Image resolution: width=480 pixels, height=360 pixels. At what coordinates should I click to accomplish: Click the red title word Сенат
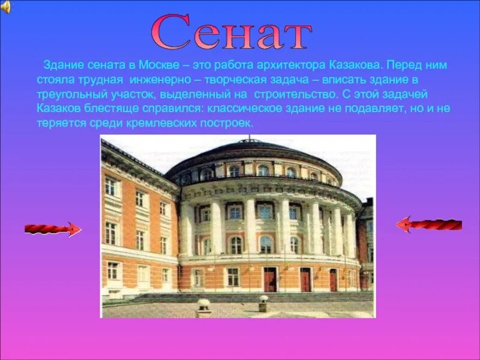pos(231,33)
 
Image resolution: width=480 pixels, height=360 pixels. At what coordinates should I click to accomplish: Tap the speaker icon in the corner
pos(5,7)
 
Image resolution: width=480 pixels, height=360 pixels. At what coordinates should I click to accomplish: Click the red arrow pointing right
pos(53,229)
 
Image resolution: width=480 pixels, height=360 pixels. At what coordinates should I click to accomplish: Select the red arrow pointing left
pos(428,225)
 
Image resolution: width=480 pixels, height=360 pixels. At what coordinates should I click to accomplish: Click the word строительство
pos(290,94)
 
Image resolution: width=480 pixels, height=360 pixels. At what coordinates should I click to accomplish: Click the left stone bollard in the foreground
pos(204,307)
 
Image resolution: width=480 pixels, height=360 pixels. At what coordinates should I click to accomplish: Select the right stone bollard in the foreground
pos(263,302)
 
